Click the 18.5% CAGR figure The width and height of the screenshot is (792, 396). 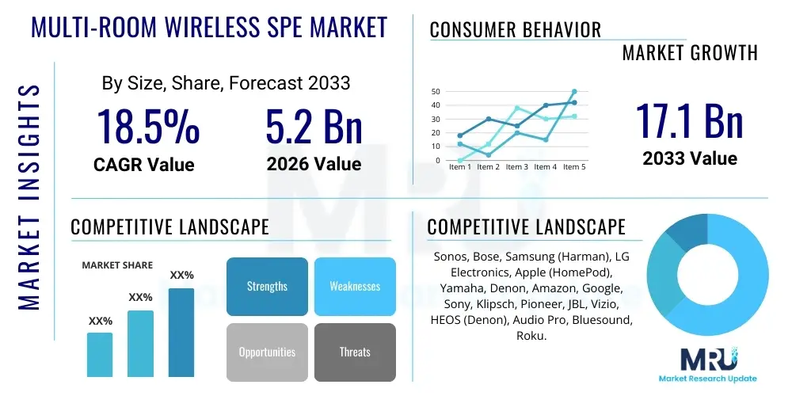[x=148, y=126]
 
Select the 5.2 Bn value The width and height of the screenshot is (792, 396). [x=314, y=126]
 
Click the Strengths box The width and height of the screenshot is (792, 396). [x=267, y=286]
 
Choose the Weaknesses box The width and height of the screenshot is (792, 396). [x=355, y=286]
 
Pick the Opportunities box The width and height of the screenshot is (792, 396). [x=267, y=352]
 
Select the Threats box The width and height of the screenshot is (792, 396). [x=355, y=352]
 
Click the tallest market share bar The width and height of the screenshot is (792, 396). [x=181, y=332]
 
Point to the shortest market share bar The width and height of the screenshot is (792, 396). [x=100, y=354]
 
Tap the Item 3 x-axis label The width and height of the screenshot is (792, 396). [x=516, y=167]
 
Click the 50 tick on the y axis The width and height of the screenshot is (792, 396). [x=436, y=91]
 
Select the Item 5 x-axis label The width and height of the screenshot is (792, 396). [x=573, y=167]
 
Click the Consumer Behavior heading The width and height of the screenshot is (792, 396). [x=515, y=30]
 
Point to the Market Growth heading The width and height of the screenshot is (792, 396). [x=689, y=53]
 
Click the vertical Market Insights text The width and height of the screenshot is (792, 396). [x=29, y=196]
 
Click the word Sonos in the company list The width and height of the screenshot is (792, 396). [x=451, y=257]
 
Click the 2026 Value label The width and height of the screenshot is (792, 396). [x=314, y=164]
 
